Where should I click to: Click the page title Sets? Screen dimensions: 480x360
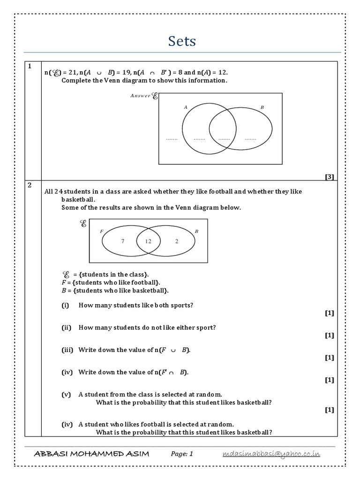[182, 41]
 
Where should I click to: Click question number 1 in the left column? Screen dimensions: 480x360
[29, 67]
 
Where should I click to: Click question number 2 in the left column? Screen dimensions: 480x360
[29, 185]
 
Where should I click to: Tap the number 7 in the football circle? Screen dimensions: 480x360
[123, 241]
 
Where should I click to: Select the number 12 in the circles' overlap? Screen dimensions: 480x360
[148, 241]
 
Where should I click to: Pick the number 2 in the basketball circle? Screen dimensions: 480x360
[177, 241]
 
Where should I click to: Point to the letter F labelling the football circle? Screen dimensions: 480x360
[102, 231]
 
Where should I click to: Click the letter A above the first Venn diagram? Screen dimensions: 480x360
[186, 107]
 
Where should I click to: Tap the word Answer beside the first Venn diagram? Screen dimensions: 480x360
[141, 96]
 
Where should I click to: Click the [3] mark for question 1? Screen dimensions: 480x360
[329, 177]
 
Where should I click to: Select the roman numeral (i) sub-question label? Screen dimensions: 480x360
[65, 305]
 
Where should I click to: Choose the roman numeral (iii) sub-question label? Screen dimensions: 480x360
[67, 350]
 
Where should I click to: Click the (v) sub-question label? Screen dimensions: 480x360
[66, 394]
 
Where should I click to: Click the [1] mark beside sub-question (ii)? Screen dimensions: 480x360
[329, 335]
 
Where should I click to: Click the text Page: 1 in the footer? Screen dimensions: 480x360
[182, 454]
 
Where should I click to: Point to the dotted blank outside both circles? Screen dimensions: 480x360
[172, 139]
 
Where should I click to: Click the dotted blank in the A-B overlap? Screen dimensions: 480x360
[224, 139]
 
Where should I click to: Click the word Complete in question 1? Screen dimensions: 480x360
[76, 81]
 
